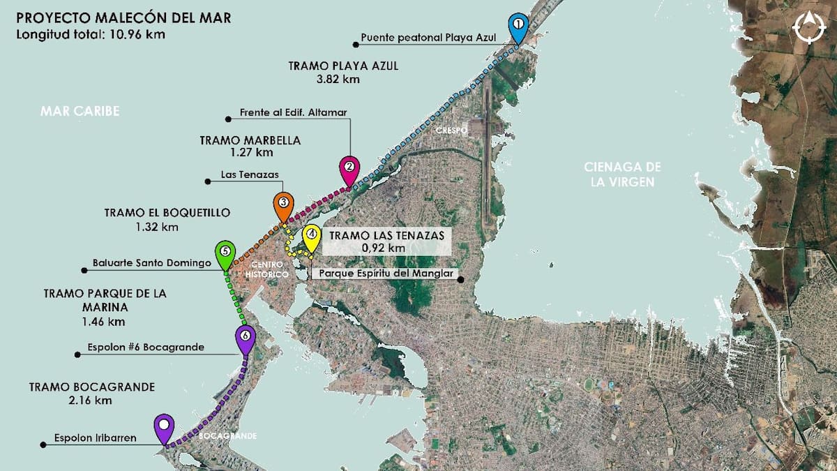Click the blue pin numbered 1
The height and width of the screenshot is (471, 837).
pyautogui.click(x=518, y=25)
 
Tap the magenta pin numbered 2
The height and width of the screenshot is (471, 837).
pyautogui.click(x=349, y=168)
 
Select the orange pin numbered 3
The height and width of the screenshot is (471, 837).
pyautogui.click(x=282, y=204)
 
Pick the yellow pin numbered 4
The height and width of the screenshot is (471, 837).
pyautogui.click(x=311, y=236)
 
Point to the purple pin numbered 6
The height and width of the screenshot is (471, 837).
pyautogui.click(x=245, y=337)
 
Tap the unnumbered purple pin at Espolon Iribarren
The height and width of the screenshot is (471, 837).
pyautogui.click(x=164, y=426)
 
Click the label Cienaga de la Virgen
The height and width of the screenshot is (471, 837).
pyautogui.click(x=622, y=174)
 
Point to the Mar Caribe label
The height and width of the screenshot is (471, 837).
pyautogui.click(x=80, y=112)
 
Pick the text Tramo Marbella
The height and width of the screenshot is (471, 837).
pyautogui.click(x=250, y=140)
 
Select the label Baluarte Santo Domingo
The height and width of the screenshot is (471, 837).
pyautogui.click(x=151, y=264)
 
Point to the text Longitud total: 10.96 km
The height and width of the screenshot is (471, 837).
pyautogui.click(x=90, y=33)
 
